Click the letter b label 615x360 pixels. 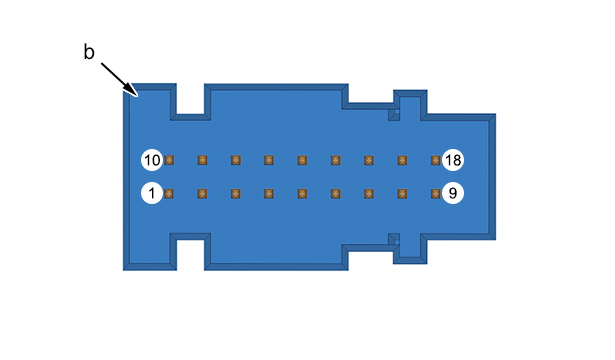point(89,52)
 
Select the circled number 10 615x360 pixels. point(152,160)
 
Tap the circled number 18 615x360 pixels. point(453,160)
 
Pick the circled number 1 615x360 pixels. point(152,193)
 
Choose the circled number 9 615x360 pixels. point(453,193)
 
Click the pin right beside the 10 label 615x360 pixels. point(169,160)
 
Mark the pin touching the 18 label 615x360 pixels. point(435,160)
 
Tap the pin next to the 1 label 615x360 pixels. point(169,194)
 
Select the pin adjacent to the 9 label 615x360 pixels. point(435,194)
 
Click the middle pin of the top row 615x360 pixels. point(302,160)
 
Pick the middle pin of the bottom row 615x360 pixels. point(302,194)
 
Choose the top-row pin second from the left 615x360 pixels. point(202,160)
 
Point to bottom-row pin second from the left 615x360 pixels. point(202,194)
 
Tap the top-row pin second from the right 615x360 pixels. point(402,160)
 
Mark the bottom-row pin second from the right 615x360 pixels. point(402,194)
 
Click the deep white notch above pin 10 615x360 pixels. point(190,99)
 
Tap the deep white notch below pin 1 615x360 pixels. point(190,255)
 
